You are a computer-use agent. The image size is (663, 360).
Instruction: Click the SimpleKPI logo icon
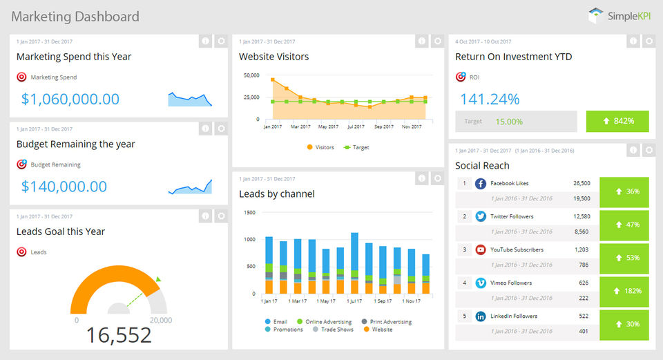click(595, 16)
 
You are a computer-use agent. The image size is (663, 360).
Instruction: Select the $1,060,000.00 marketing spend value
click(70, 99)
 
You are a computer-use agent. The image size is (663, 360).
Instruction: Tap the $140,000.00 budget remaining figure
click(64, 187)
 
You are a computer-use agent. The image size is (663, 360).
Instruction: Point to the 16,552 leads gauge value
click(119, 335)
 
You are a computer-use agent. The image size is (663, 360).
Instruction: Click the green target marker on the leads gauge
click(158, 279)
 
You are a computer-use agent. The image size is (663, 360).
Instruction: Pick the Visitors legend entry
click(320, 147)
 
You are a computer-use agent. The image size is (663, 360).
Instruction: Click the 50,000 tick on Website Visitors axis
click(251, 75)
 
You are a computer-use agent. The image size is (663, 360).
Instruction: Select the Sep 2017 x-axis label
click(383, 126)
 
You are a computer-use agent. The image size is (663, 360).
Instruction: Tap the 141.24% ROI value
click(490, 99)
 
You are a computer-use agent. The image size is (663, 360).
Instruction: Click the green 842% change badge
click(617, 122)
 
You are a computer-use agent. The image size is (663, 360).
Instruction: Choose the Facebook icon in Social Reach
click(481, 184)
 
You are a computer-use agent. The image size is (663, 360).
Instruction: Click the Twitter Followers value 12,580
click(582, 216)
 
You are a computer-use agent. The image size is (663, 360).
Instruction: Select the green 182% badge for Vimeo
click(624, 291)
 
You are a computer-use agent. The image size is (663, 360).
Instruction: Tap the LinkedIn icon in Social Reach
click(481, 316)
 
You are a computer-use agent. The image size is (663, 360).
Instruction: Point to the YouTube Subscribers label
click(517, 249)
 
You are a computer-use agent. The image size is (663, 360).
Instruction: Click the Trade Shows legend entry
click(333, 330)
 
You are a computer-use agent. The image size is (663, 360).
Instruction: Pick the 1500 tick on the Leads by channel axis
click(249, 212)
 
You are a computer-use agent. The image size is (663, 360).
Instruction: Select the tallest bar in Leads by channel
click(355, 263)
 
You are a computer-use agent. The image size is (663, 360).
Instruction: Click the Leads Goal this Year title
click(61, 231)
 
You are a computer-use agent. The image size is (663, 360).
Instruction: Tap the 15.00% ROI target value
click(509, 122)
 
